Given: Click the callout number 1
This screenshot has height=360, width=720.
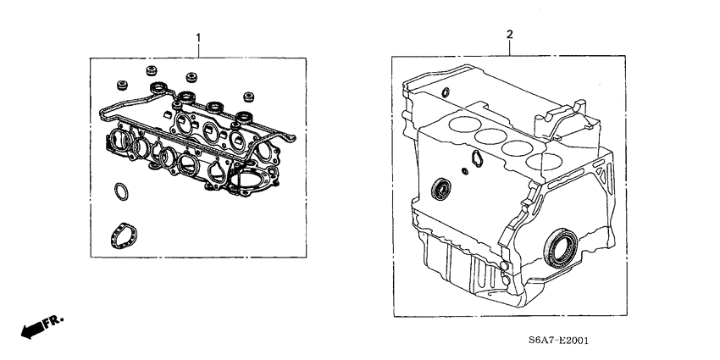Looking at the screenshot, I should (198, 38).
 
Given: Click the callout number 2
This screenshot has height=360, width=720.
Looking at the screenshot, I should (509, 35).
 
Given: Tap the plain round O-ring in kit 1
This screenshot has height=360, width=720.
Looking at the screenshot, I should (122, 192).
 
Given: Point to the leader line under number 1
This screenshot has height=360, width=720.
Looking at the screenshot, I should (198, 50).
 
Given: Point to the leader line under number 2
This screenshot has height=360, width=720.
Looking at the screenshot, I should (509, 47).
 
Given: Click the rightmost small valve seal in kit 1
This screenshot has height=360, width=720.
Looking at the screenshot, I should (248, 96).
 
